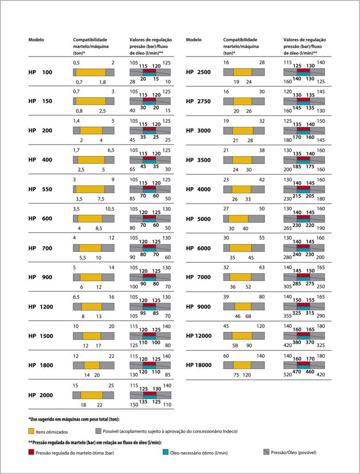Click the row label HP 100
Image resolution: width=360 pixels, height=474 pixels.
click(x=40, y=72)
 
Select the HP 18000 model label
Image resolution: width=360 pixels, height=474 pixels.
click(x=199, y=365)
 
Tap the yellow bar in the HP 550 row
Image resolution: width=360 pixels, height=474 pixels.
click(x=90, y=189)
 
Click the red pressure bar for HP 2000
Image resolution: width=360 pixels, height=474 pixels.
click(x=149, y=393)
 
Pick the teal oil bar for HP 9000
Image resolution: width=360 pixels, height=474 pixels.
click(x=303, y=308)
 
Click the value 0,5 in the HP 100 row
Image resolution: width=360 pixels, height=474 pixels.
click(x=76, y=62)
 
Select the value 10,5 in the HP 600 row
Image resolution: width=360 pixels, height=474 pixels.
click(x=109, y=209)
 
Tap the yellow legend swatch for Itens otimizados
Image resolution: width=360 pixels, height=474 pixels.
click(x=31, y=431)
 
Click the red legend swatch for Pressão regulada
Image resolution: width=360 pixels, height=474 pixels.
click(x=31, y=452)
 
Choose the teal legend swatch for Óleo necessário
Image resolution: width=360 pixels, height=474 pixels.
click(x=165, y=452)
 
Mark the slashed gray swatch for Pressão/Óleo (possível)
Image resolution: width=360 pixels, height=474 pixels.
click(x=266, y=452)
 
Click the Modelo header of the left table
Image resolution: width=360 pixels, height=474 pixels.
click(x=36, y=40)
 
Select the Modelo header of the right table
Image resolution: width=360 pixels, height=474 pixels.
click(x=193, y=40)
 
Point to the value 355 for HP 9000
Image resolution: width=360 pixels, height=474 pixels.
click(x=287, y=316)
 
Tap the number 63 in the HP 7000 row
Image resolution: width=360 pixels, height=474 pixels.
click(x=262, y=267)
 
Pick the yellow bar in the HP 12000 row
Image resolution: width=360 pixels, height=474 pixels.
click(x=242, y=336)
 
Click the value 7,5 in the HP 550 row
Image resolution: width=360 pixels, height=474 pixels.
click(x=101, y=199)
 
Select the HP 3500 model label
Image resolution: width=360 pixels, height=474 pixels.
click(x=199, y=160)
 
